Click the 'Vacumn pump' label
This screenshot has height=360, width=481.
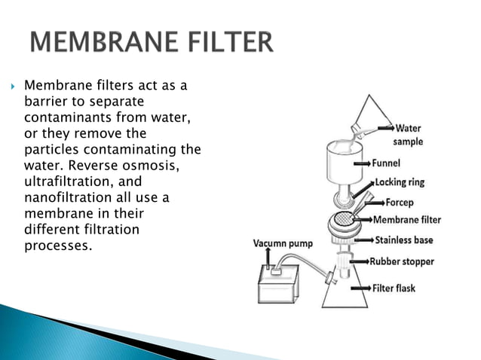282,243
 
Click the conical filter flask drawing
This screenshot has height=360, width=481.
348,290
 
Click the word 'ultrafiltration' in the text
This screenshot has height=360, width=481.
63,182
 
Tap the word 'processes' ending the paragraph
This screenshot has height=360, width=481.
57,246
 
